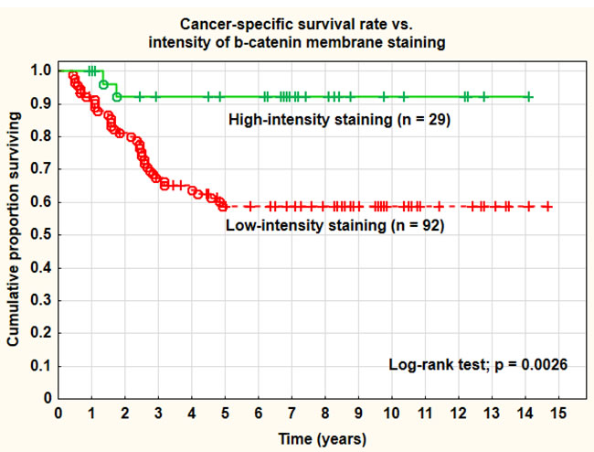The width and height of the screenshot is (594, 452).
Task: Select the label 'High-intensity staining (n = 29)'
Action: (x=339, y=119)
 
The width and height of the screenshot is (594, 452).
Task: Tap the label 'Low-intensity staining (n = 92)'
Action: (x=334, y=225)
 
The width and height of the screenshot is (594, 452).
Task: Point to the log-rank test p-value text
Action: (x=478, y=364)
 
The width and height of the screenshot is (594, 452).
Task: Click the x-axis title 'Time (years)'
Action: (x=311, y=437)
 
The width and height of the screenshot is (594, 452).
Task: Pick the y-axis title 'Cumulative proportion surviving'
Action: (x=15, y=234)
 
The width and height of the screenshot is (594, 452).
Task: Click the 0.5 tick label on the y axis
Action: (x=40, y=234)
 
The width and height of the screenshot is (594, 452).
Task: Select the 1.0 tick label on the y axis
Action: (x=40, y=70)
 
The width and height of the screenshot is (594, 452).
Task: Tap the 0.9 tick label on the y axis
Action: (x=40, y=103)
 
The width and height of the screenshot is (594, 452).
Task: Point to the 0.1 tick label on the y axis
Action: (x=40, y=365)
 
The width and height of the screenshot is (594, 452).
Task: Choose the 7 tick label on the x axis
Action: (x=292, y=413)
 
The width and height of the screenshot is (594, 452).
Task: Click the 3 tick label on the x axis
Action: (x=158, y=413)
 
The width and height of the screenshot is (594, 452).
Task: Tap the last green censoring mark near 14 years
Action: (x=529, y=96)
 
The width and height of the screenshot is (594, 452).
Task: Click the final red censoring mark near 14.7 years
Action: (x=547, y=207)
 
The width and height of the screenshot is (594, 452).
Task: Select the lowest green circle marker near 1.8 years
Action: (x=117, y=96)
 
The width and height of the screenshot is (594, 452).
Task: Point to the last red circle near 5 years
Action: (x=223, y=207)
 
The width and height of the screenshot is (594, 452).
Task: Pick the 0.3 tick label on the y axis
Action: (x=40, y=300)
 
